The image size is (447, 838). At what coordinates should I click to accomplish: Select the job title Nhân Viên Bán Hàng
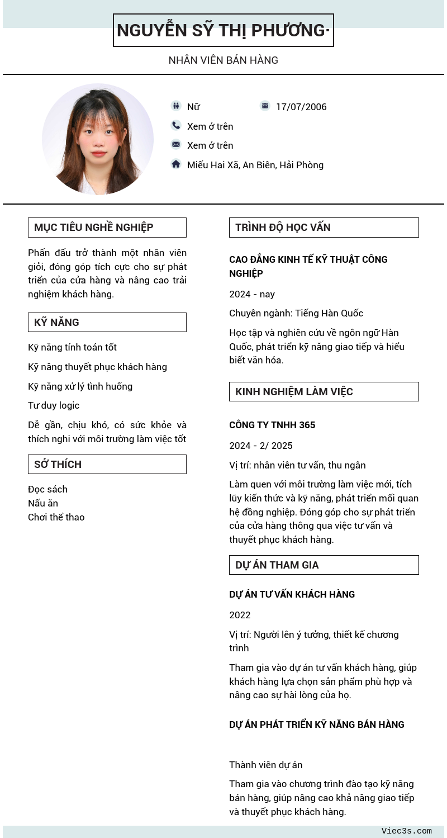(223, 60)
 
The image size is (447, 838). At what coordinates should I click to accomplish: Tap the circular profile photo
(98, 139)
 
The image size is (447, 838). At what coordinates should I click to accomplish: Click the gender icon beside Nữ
(176, 106)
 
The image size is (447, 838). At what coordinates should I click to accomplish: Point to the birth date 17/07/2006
(301, 107)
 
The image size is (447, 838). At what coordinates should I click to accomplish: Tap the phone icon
(176, 125)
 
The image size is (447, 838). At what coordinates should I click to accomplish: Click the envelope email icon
(176, 144)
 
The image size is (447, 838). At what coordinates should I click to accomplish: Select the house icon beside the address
(176, 164)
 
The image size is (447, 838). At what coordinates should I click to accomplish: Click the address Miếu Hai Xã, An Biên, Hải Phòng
(255, 165)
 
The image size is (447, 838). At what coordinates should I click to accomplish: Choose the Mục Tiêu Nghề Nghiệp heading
(107, 228)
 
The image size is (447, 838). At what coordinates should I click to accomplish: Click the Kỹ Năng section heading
(107, 323)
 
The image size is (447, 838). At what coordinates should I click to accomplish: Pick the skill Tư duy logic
(54, 405)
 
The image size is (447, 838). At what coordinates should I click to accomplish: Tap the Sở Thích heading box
(107, 465)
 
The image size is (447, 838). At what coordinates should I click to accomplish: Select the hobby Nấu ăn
(43, 503)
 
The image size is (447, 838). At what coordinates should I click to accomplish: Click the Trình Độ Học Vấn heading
(324, 228)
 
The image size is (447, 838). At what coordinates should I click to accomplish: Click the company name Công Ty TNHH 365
(272, 425)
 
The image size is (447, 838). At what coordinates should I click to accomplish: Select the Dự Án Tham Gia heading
(324, 565)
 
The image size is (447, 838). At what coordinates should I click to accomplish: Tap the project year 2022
(240, 615)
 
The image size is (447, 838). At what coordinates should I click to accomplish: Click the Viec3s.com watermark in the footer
(406, 831)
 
